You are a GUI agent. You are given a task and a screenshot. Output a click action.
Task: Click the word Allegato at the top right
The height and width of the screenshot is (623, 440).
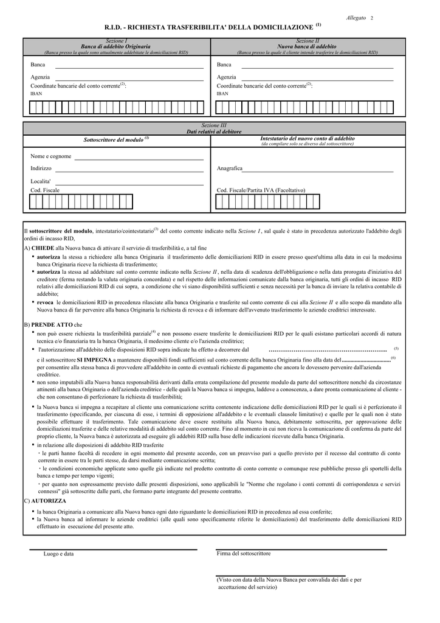pyautogui.click(x=356, y=18)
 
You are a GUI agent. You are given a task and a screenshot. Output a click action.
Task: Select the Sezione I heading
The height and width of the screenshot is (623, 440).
pyautogui.click(x=116, y=41)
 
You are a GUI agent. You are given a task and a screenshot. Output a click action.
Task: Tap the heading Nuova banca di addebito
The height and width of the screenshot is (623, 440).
pyautogui.click(x=307, y=46)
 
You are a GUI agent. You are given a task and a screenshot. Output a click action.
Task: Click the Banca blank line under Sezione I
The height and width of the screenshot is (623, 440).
pyautogui.click(x=129, y=68)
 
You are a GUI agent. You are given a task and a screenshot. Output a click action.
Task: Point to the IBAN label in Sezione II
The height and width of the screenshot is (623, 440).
pyautogui.click(x=222, y=94)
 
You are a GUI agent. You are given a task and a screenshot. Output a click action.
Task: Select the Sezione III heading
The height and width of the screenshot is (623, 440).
pyautogui.click(x=213, y=125)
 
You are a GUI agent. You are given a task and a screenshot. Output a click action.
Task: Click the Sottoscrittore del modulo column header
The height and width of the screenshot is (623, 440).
pyautogui.click(x=114, y=140)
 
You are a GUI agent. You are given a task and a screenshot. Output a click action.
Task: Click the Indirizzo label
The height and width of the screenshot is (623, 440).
pyautogui.click(x=41, y=168)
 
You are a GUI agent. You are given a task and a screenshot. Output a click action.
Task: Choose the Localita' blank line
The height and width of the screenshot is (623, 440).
pyautogui.click(x=129, y=184)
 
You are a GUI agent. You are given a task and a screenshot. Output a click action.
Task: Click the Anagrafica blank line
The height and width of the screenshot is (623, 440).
pyautogui.click(x=318, y=172)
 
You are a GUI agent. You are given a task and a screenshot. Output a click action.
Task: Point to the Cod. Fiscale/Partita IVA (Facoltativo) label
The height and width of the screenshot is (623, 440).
pyautogui.click(x=261, y=190)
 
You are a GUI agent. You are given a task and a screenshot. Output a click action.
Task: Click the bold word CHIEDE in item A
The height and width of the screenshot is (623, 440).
pyautogui.click(x=42, y=248)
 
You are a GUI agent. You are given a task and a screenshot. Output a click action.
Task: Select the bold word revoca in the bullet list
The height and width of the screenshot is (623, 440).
pyautogui.click(x=45, y=302)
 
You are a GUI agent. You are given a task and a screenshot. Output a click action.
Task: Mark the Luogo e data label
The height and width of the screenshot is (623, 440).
pyautogui.click(x=58, y=554)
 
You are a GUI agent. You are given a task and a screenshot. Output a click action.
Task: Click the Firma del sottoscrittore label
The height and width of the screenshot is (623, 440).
pyautogui.click(x=244, y=554)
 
